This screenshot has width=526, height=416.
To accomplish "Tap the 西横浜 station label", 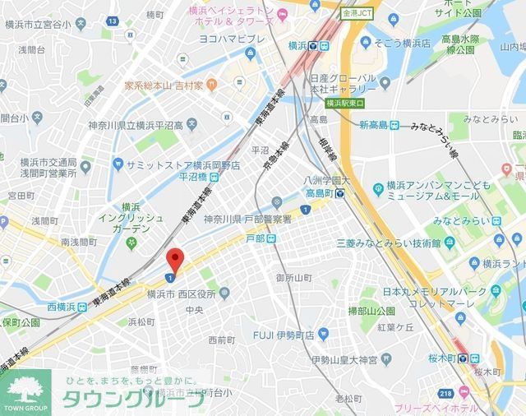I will tap(61, 307).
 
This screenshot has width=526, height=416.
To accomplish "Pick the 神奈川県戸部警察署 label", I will tap(247, 219).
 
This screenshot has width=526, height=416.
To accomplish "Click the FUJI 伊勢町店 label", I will tap(284, 335).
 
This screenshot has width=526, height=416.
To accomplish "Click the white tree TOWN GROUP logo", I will tap(25, 391).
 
